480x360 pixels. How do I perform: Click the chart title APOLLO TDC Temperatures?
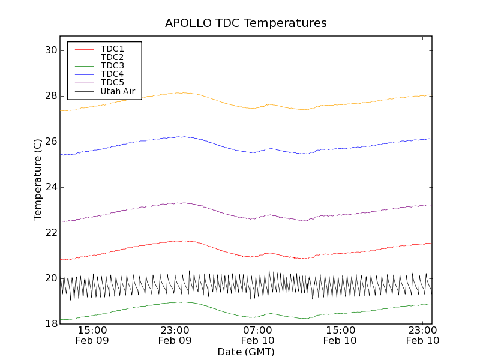246,23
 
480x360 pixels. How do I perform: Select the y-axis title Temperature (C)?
38,179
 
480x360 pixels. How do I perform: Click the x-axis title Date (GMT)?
246,352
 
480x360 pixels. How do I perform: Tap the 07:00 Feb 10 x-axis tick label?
258,335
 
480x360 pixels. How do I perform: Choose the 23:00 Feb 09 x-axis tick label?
175,335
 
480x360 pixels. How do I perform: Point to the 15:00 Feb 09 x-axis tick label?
92,335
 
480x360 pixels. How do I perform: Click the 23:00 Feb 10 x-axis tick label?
423,335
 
